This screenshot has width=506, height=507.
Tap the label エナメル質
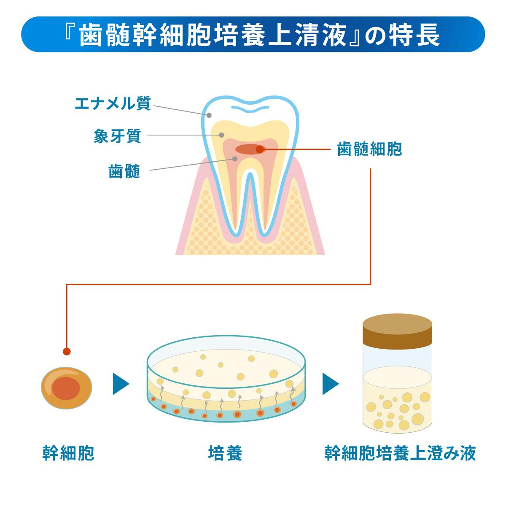coord(112,103)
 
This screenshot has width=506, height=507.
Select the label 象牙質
coord(117,136)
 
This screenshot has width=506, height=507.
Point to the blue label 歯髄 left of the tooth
coord(124,172)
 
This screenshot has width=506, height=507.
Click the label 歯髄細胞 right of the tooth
coord(369,149)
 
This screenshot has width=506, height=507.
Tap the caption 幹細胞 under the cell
coord(68,453)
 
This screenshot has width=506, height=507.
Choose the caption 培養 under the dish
coord(225,453)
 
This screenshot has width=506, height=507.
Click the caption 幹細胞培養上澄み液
coord(400,453)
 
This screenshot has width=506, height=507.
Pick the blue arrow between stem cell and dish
coord(120,383)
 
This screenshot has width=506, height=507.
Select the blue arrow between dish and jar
coord(330,383)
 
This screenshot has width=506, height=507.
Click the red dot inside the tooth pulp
coord(260,149)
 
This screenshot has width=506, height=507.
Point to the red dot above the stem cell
coord(66,351)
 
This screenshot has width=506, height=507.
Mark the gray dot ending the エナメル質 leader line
coord(208,115)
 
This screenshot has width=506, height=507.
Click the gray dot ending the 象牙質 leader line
coord(221,135)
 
